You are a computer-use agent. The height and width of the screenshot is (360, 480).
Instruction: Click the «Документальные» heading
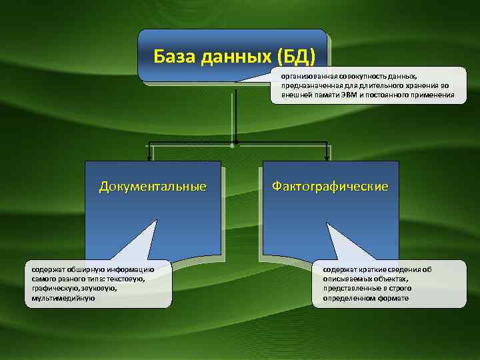153,186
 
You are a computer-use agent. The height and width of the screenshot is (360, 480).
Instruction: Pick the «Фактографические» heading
330,186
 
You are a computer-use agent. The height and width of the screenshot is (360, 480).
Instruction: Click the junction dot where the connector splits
235,142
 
